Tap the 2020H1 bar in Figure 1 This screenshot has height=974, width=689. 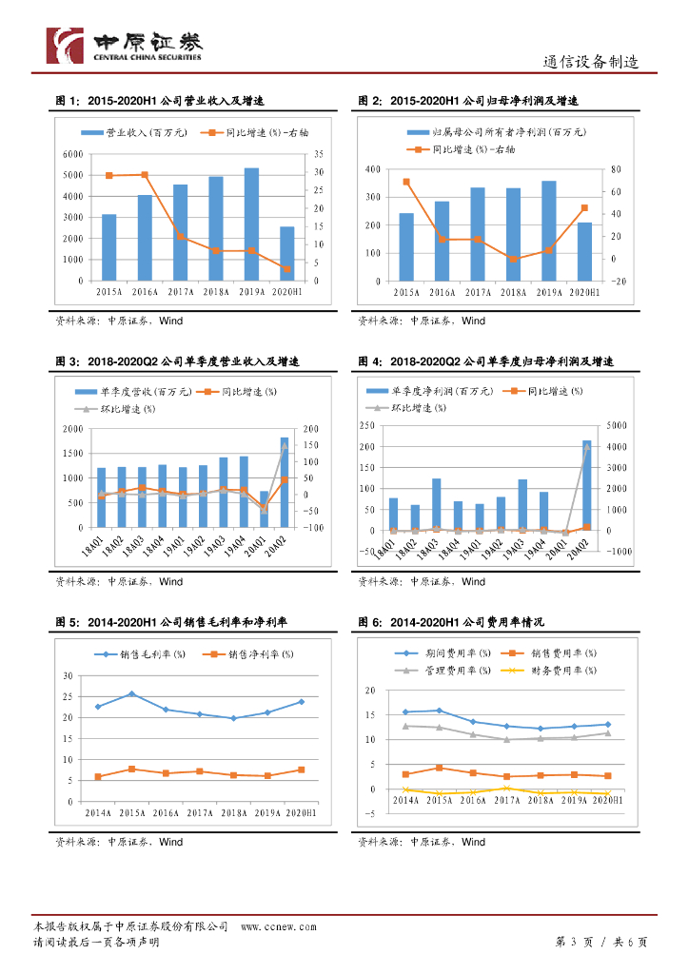(x=286, y=253)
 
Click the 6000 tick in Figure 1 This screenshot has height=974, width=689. (x=70, y=153)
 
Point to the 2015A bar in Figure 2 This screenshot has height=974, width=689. (x=406, y=246)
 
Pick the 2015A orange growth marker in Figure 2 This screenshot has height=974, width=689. (x=406, y=182)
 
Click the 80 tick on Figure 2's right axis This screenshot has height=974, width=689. (x=616, y=169)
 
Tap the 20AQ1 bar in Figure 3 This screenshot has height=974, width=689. (x=265, y=509)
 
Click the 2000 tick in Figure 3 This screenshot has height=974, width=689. (x=72, y=429)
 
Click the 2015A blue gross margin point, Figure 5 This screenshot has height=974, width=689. (x=131, y=694)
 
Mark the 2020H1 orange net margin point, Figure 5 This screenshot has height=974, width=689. (x=302, y=769)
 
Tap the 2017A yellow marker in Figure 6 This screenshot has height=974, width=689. (x=506, y=788)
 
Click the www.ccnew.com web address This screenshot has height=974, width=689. (x=278, y=925)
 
